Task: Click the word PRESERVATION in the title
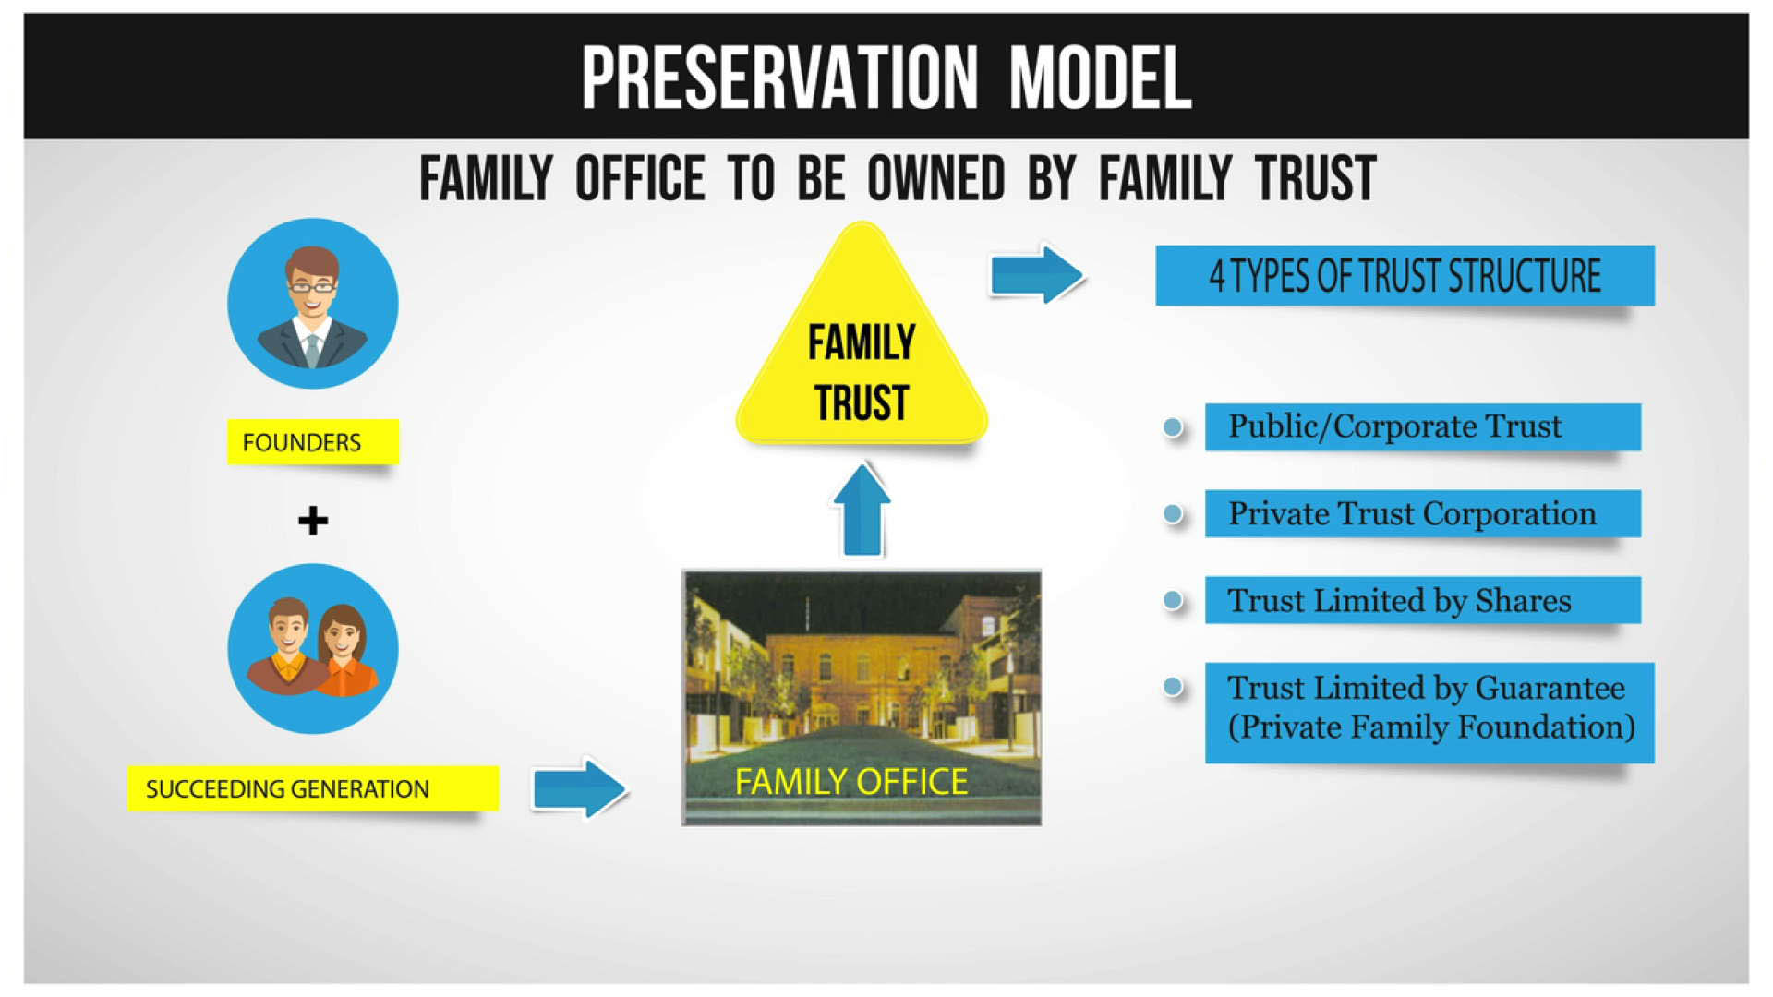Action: (x=778, y=78)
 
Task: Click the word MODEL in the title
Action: (x=1099, y=78)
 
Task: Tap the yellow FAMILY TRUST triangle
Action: (x=861, y=369)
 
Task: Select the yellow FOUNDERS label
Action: (x=312, y=442)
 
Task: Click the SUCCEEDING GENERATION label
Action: (x=312, y=788)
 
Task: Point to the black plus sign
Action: (x=313, y=521)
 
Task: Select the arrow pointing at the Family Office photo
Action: (x=580, y=788)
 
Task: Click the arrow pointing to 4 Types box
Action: (x=1036, y=274)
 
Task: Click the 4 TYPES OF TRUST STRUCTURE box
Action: (x=1404, y=275)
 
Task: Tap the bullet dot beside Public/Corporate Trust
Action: (x=1173, y=427)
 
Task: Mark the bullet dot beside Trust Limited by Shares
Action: (x=1173, y=601)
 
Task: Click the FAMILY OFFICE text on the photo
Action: (x=850, y=782)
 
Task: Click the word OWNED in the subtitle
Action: (x=935, y=178)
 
